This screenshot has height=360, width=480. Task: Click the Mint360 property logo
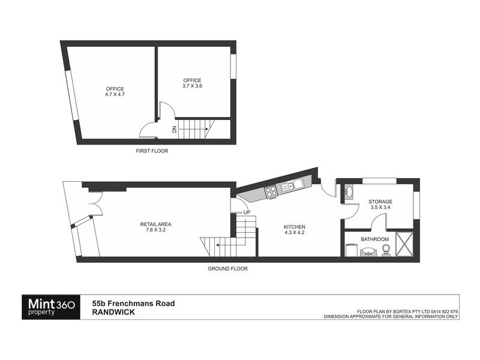(49, 307)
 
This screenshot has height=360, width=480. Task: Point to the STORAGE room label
(381, 202)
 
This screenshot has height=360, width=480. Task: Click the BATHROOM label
(374, 239)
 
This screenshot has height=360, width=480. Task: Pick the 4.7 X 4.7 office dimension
(114, 95)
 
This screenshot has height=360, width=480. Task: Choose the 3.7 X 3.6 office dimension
(192, 86)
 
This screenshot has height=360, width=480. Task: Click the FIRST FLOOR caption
(152, 151)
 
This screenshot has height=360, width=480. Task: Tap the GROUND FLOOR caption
(227, 269)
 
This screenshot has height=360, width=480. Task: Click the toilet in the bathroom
(386, 250)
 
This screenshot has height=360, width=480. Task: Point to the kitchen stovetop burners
(271, 191)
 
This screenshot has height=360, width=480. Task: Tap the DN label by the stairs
(174, 129)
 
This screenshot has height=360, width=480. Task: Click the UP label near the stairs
(247, 212)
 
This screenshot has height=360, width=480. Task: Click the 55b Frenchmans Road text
(133, 304)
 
